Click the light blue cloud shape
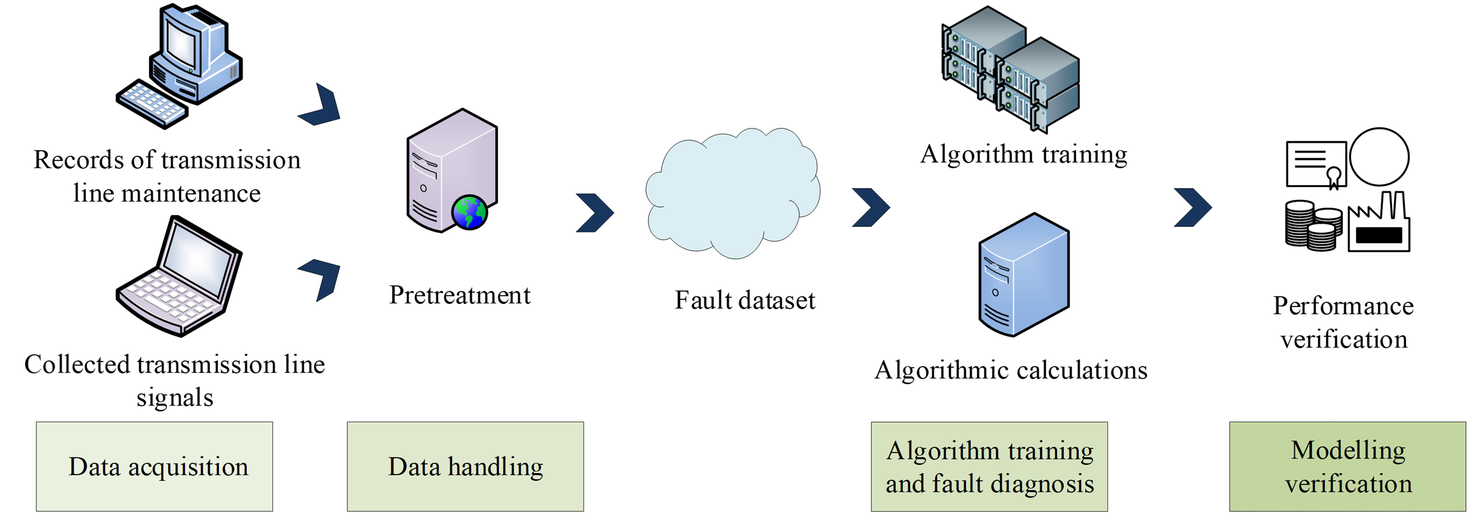pyautogui.click(x=733, y=192)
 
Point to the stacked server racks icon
pyautogui.click(x=1011, y=69)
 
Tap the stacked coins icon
pyautogui.click(x=1313, y=225)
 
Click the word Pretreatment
pyautogui.click(x=460, y=295)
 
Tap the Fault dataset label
pyautogui.click(x=745, y=300)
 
